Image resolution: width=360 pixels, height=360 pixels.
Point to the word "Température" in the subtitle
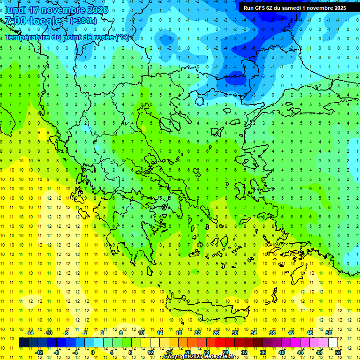click(27, 37)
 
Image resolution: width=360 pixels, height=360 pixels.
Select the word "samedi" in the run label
click(291, 8)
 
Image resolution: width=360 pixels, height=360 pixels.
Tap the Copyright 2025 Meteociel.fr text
click(199, 357)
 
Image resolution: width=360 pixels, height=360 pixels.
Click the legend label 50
click(328, 332)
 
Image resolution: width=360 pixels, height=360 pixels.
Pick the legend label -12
click(39, 352)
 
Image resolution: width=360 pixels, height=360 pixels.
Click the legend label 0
click(93, 352)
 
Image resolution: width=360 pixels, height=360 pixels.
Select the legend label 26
click(216, 332)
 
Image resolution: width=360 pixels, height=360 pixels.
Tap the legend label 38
click(272, 332)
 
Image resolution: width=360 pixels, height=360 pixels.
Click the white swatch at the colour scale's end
click(333, 342)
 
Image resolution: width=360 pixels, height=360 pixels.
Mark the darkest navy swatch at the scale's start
click(23, 342)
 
